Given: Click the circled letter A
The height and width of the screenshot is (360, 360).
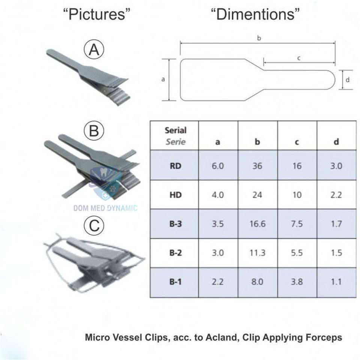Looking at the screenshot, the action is [x=94, y=50].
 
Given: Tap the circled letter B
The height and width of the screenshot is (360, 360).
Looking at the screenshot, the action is [x=94, y=131].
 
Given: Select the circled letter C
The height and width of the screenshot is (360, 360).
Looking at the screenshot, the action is [x=94, y=226].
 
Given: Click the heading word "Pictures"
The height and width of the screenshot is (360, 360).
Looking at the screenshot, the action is [x=97, y=15].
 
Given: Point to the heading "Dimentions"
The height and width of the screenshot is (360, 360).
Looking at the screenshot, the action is [x=255, y=15].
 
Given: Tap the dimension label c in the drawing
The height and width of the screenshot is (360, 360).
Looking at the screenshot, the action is [x=299, y=58].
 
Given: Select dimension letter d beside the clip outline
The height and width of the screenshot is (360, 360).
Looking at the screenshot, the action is [x=348, y=79].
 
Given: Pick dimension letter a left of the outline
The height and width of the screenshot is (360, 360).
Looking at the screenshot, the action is [x=163, y=79].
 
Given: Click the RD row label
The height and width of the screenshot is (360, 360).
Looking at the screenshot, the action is [x=175, y=166].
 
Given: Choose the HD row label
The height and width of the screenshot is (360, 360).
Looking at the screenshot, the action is [x=175, y=195].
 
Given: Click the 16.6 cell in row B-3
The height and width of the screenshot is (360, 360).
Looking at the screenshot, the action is [x=257, y=224].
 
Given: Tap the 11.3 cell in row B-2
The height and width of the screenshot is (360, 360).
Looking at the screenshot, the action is [x=257, y=253].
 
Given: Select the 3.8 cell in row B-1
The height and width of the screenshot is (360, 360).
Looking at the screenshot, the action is [x=297, y=282].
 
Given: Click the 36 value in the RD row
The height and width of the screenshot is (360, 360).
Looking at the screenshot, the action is [x=257, y=166].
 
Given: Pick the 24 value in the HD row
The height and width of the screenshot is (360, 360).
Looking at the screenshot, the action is [x=257, y=195].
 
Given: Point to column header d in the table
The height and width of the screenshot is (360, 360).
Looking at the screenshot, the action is [x=336, y=142].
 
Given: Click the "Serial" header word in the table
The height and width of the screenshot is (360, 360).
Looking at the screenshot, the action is [x=175, y=130].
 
